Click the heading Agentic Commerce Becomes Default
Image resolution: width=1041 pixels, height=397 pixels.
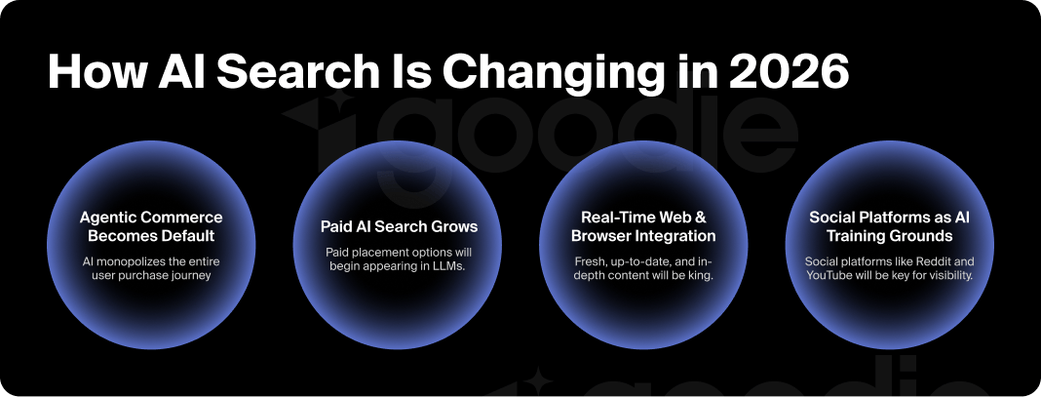tap(151, 226)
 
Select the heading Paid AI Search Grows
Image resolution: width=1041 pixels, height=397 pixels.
tap(400, 226)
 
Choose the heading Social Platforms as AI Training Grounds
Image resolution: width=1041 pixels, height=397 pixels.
tap(889, 226)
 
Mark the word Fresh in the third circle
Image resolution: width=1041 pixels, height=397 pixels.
tap(590, 260)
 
